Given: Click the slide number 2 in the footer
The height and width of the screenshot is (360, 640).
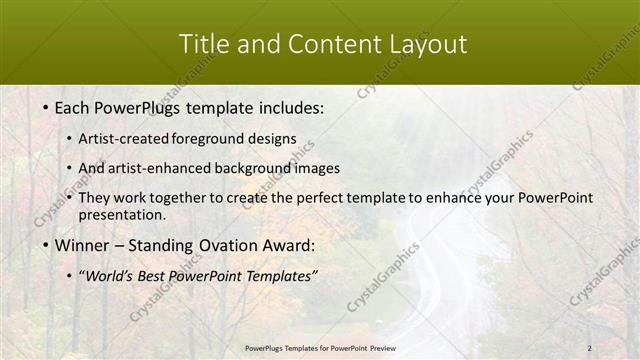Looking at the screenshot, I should point(589,348).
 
